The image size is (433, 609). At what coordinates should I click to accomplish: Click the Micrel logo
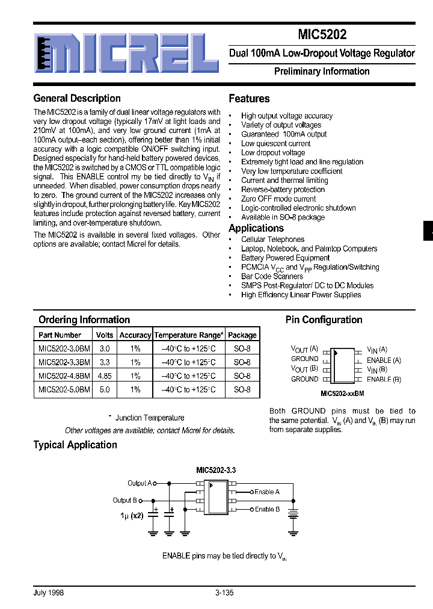point(126,53)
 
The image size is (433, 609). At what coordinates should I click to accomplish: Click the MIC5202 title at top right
point(321,35)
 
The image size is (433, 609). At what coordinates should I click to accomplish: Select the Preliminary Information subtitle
point(321,71)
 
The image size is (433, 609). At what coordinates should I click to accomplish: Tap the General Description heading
point(77,98)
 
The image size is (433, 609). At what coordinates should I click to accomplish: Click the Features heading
point(249,98)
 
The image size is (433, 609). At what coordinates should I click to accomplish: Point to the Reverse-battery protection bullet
point(283,190)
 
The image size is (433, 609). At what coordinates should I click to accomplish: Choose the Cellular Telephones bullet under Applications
point(272,240)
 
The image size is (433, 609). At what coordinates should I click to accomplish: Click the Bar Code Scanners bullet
point(272,276)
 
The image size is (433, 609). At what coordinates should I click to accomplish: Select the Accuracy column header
point(135,335)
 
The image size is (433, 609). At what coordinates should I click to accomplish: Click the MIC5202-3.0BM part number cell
point(64,348)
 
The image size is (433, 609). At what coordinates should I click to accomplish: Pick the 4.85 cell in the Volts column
point(105,376)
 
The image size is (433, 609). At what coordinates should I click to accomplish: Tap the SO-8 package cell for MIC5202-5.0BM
point(242,389)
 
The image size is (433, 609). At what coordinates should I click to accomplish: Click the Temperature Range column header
point(189,335)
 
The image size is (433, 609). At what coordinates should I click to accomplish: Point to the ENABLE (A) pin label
point(384,360)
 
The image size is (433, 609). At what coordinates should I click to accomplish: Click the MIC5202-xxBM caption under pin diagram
point(342,393)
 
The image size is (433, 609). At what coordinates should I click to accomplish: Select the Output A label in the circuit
point(141,483)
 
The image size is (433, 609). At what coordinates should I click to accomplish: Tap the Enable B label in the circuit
point(267,509)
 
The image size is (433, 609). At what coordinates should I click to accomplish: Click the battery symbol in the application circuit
point(293,513)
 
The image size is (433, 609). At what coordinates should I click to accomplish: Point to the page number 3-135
point(224,593)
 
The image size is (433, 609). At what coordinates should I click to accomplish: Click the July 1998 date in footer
point(49,593)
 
